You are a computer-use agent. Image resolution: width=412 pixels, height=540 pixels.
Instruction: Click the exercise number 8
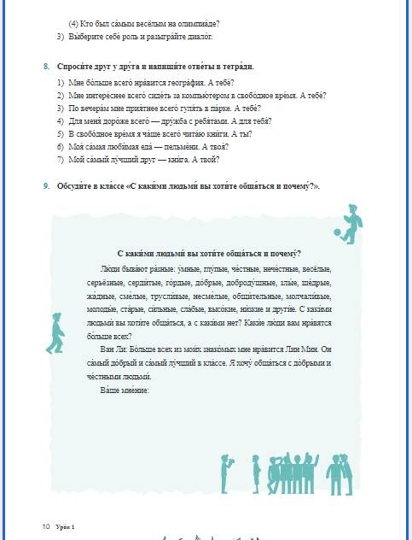coord(46,67)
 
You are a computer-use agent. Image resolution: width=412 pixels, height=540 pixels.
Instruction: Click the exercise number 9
coord(46,186)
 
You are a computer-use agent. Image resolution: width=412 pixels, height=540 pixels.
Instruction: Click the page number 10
coord(46,525)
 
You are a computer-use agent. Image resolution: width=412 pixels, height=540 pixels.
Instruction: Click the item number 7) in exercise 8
coord(61,160)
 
